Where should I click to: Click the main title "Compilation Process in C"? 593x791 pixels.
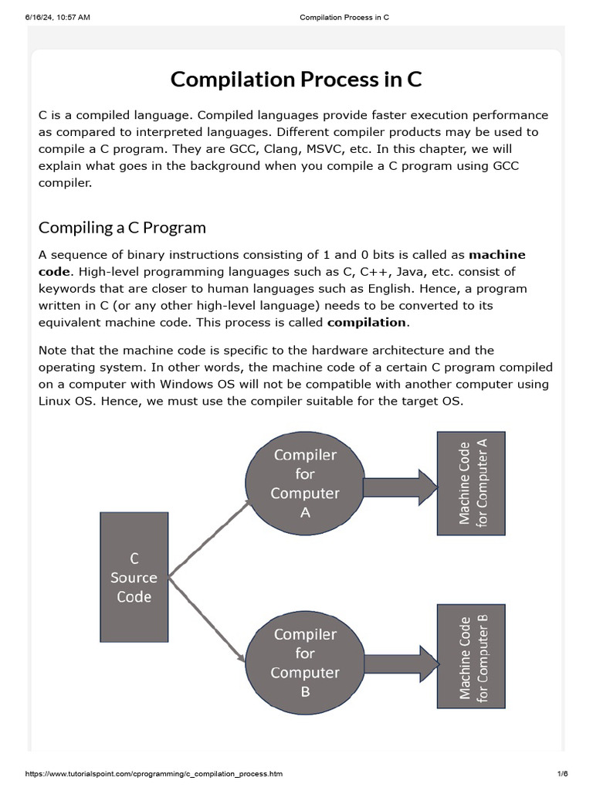pyautogui.click(x=296, y=80)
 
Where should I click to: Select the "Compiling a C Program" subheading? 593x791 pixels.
pyautogui.click(x=122, y=227)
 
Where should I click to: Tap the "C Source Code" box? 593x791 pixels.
pyautogui.click(x=134, y=577)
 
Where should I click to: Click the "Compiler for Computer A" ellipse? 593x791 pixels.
pyautogui.click(x=305, y=484)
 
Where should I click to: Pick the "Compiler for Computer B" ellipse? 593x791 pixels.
pyautogui.click(x=305, y=663)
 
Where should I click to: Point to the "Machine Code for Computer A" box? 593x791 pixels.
pyautogui.click(x=471, y=483)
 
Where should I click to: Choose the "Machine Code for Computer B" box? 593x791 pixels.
pyautogui.click(x=471, y=657)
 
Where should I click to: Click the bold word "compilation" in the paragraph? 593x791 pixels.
pyautogui.click(x=366, y=322)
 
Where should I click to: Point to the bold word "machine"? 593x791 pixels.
pyautogui.click(x=497, y=254)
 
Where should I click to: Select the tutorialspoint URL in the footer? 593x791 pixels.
pyautogui.click(x=154, y=773)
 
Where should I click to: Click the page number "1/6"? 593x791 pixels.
pyautogui.click(x=562, y=773)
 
